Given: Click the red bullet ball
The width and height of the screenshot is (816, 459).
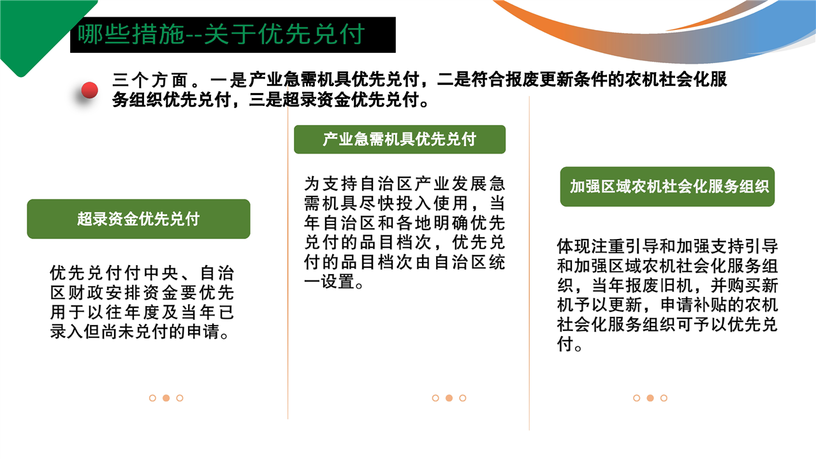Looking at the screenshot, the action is (90, 90).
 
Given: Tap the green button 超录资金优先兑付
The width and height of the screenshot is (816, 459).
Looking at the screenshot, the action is (138, 219).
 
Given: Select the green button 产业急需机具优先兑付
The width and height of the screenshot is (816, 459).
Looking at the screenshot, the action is (400, 139).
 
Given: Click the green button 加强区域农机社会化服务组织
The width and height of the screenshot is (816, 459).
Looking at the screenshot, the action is (667, 187).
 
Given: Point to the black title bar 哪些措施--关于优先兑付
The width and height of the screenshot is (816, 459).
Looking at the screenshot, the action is (233, 34).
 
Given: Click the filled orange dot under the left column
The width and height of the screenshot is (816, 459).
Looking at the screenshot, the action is (166, 398).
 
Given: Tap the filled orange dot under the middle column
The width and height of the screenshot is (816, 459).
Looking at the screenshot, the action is (449, 398).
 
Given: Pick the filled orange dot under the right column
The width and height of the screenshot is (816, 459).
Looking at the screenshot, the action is (650, 398).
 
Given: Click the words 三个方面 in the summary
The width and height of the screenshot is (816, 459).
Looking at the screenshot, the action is (150, 80).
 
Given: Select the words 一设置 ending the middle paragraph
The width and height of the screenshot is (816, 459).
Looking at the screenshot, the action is (329, 282).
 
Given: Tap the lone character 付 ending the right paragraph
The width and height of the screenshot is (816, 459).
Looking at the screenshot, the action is (565, 344).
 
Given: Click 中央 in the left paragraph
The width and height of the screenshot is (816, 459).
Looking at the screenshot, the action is (161, 273).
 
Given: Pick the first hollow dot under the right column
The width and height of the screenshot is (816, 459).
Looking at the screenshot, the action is (636, 398).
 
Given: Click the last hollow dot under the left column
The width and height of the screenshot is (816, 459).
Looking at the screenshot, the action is (180, 398).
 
